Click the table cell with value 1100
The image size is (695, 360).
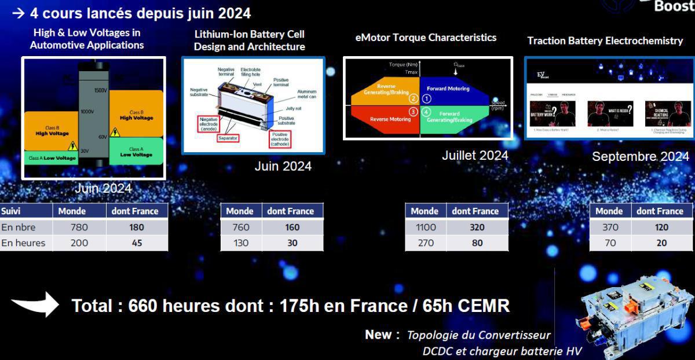pyautogui.click(x=426, y=227)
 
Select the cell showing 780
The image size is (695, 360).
pyautogui.click(x=79, y=227)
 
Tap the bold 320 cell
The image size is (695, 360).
pyautogui.click(x=477, y=227)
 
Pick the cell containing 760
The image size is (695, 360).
pyautogui.click(x=241, y=227)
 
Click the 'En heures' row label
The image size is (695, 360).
pyautogui.click(x=23, y=243)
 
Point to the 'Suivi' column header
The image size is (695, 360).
pyautogui.click(x=11, y=211)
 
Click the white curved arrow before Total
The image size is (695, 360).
pyautogui.click(x=35, y=304)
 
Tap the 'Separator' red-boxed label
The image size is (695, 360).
pyautogui.click(x=228, y=138)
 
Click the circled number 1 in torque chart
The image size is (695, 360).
pyautogui.click(x=427, y=99)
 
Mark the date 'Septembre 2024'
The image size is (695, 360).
pyautogui.click(x=640, y=156)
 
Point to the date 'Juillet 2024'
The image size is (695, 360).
pyautogui.click(x=474, y=155)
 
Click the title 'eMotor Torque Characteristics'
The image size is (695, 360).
pyautogui.click(x=426, y=38)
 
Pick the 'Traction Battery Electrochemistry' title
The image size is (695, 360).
pyautogui.click(x=605, y=41)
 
